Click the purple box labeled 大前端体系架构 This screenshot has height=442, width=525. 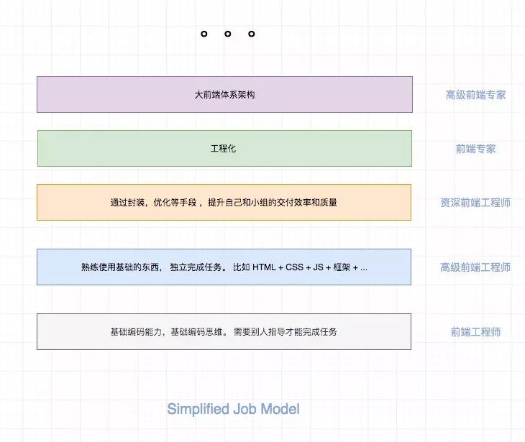224,94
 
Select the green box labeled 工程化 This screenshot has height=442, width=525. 224,148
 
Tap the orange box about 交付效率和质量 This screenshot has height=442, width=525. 224,202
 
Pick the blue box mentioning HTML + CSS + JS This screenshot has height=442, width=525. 224,267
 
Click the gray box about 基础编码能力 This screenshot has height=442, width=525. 224,331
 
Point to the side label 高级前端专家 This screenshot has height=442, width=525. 475,95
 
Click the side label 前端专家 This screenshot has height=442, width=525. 475,149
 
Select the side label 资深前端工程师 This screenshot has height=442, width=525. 475,203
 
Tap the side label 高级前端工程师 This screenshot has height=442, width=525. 475,267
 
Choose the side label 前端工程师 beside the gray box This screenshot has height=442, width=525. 475,332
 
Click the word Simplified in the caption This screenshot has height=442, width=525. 198,410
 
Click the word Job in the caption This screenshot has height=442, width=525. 245,410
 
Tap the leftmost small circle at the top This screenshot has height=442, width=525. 204,34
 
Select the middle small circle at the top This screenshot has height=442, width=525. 227,34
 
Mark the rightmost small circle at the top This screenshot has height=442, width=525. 251,34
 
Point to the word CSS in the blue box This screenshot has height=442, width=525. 295,267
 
